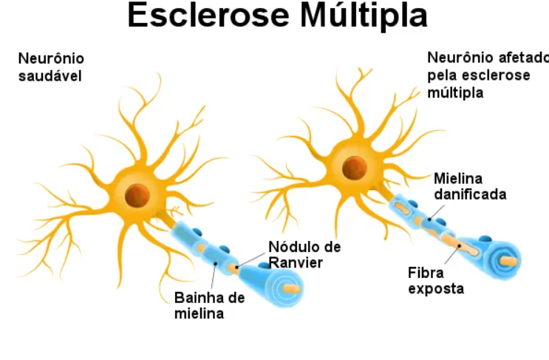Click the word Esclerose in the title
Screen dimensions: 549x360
(x=208, y=16)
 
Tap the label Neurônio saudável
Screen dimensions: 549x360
(x=51, y=67)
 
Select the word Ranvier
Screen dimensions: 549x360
(x=296, y=262)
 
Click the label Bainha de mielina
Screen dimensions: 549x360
(x=209, y=305)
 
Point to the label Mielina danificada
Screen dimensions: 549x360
(x=470, y=186)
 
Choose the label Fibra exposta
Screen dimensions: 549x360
(x=436, y=280)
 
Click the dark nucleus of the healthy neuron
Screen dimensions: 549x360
(x=137, y=195)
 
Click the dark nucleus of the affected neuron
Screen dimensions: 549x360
(x=355, y=168)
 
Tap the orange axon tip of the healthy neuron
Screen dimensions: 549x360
(x=291, y=288)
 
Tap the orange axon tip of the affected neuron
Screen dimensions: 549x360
(x=509, y=261)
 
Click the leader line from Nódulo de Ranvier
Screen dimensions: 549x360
(x=250, y=260)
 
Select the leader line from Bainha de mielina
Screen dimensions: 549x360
(x=214, y=276)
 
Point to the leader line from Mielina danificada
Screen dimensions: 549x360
(x=437, y=213)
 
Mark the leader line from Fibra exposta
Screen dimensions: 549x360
(x=452, y=254)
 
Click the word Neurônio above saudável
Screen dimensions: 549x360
(x=51, y=58)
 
